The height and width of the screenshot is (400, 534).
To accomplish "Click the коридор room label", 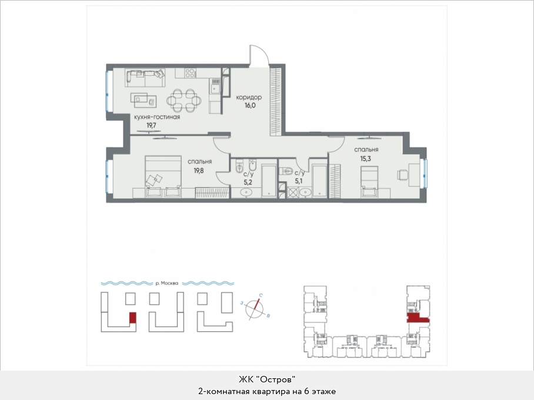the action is (x=249, y=98).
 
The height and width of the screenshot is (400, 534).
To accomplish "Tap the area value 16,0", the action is (x=249, y=106).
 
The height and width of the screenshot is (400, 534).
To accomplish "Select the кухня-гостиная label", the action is (x=157, y=117).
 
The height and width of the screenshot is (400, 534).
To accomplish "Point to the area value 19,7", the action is (x=152, y=125).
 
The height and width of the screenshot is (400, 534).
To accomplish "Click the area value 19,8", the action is (x=199, y=170).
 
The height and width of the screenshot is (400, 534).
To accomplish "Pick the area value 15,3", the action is (x=366, y=158).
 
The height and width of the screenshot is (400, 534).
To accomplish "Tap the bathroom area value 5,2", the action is (x=248, y=182).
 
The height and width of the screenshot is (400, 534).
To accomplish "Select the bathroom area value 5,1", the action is (x=299, y=181).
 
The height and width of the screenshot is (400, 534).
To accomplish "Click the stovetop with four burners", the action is (x=191, y=73).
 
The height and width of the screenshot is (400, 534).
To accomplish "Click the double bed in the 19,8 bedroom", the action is (x=163, y=176).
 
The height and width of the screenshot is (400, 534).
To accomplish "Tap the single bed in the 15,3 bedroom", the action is (x=369, y=181).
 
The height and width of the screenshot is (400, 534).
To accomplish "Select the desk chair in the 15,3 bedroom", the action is (x=402, y=174).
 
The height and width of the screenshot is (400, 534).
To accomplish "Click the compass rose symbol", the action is (x=255, y=308).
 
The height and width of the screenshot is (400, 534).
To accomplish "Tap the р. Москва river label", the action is (x=167, y=283).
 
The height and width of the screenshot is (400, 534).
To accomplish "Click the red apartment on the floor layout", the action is (x=418, y=318).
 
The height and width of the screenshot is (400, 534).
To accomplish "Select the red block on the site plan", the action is (x=133, y=318).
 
